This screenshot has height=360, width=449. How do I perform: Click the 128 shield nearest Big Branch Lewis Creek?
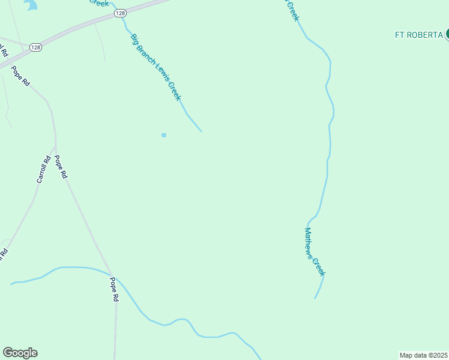point(121,13)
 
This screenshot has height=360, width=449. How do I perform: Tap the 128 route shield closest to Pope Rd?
point(35,47)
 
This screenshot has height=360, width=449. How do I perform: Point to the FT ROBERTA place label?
point(418,35)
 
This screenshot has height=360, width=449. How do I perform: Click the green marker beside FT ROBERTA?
point(447,34)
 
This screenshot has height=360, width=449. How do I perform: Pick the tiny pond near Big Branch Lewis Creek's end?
point(163,135)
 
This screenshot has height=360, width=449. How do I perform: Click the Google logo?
point(20,353)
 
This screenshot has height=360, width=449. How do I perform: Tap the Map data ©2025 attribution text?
point(424,355)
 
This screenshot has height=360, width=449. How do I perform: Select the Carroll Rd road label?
point(43,169)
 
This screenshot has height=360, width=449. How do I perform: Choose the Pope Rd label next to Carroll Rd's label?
point(61,167)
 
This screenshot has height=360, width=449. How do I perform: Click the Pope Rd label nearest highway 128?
point(20,76)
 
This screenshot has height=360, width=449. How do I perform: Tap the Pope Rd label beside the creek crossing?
point(113,289)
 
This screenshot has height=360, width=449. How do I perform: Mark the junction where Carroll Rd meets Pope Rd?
point(55,148)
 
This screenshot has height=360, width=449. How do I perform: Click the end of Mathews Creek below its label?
point(315,298)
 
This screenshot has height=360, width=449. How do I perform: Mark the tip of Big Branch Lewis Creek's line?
point(201,131)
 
